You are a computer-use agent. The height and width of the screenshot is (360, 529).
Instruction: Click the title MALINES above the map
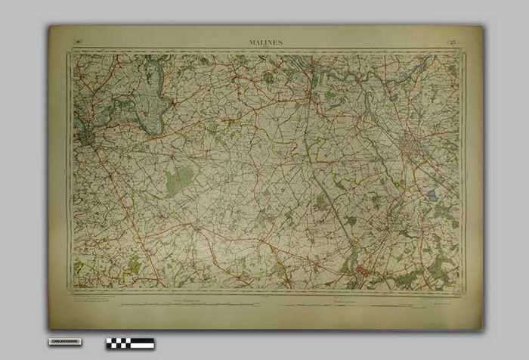pos(265,43)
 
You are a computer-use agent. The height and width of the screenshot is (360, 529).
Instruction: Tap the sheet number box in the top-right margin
pos(452,42)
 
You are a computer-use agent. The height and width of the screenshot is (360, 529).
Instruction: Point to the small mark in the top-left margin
pos(78,41)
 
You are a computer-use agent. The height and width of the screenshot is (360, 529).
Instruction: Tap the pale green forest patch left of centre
pos(178,180)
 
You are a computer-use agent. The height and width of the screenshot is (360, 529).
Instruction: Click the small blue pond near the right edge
pos(431,195)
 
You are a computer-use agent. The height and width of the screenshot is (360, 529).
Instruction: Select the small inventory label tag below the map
pos(64,342)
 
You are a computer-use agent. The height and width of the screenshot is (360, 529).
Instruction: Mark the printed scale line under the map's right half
pos(355,304)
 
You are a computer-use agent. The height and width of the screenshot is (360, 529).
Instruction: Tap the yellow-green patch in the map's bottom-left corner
pos(79,268)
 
